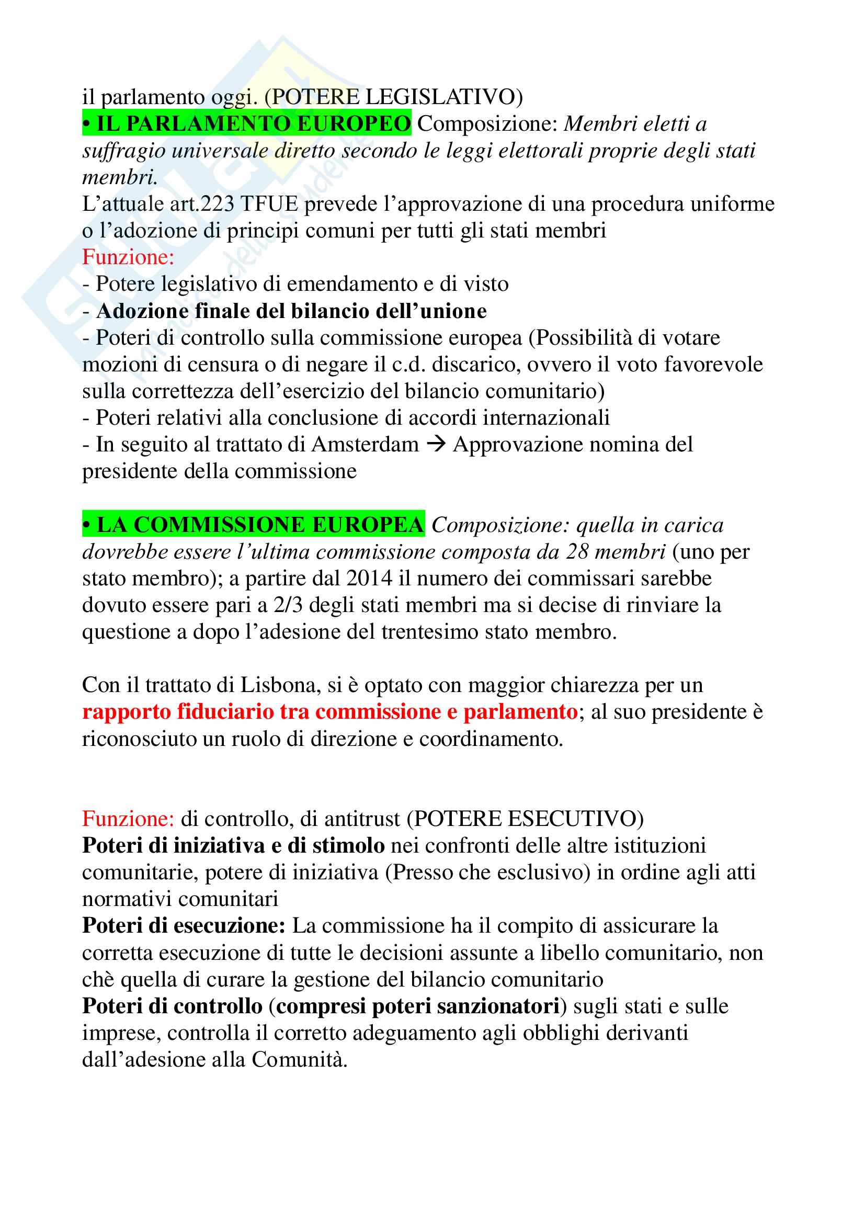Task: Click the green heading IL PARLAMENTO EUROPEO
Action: tap(247, 123)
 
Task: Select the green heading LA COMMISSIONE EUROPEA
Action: tap(254, 525)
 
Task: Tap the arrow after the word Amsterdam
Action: tap(436, 444)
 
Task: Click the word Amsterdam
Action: tap(365, 444)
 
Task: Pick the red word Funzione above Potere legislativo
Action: tap(128, 257)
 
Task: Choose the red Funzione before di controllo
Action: tap(128, 819)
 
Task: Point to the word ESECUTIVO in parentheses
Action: tap(573, 819)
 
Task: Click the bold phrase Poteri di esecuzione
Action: tap(184, 926)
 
